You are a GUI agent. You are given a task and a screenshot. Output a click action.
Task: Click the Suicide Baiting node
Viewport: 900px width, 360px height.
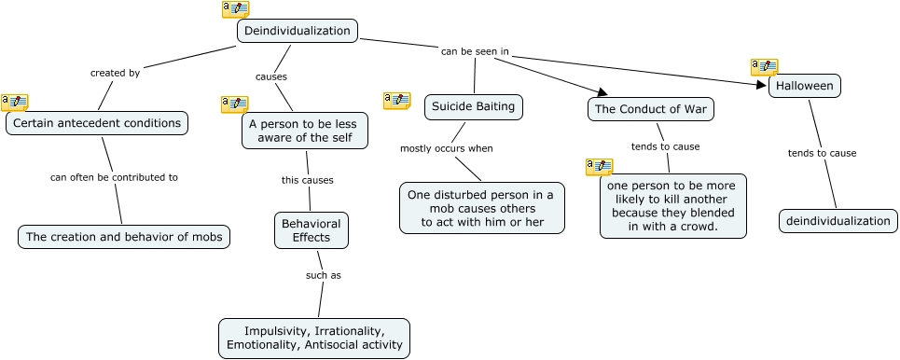[x=473, y=106]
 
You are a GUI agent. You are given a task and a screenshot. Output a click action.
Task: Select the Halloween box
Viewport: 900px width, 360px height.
[x=805, y=86]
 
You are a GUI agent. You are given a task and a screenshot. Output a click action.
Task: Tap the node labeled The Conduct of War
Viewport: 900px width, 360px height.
[x=652, y=109]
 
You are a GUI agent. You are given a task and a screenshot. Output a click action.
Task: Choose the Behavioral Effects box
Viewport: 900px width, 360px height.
[x=312, y=230]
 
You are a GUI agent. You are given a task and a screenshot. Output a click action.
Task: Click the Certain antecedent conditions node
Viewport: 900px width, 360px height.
[x=97, y=122]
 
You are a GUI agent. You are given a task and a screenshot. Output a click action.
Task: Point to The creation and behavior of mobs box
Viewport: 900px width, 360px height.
[x=124, y=237]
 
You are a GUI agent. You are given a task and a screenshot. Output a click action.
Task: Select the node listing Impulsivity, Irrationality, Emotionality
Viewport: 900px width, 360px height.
[x=314, y=338]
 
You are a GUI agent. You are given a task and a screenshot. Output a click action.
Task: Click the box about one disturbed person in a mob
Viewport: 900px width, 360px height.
[x=482, y=208]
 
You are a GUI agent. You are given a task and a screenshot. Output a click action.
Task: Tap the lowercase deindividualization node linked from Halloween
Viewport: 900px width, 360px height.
[x=838, y=221]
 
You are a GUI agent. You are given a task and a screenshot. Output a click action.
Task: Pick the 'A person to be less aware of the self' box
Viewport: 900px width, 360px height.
[x=305, y=131]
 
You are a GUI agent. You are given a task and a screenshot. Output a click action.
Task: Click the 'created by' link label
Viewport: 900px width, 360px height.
[x=115, y=73]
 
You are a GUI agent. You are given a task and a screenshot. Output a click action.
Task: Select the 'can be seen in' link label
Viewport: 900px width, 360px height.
[x=475, y=51]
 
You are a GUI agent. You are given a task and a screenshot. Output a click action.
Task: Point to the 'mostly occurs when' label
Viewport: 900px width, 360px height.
[x=446, y=148]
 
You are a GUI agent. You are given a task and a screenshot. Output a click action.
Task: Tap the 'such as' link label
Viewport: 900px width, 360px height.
[x=324, y=275]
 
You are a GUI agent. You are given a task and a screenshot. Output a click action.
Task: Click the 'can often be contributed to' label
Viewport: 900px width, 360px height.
[x=114, y=176]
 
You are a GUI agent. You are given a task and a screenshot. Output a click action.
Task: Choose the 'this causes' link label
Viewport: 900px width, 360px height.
[x=307, y=180]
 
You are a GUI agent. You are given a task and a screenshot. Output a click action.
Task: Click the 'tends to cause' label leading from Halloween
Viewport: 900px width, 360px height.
[x=822, y=153]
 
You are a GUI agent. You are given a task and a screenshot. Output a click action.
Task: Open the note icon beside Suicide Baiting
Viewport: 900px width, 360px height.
[x=396, y=101]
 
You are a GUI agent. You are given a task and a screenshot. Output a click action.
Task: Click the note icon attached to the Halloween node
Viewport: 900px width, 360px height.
[x=764, y=67]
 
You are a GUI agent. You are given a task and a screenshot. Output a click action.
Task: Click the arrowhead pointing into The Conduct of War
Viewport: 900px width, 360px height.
[x=602, y=91]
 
